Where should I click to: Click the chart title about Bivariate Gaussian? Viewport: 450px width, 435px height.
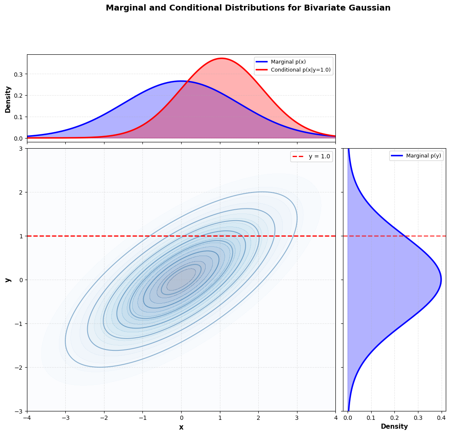point(248,8)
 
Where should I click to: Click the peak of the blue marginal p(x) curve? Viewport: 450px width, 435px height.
point(181,81)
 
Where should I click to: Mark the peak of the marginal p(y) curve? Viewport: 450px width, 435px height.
point(441,280)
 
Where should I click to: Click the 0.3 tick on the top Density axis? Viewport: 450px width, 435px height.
point(18,74)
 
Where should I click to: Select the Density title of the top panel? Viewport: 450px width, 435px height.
point(8,99)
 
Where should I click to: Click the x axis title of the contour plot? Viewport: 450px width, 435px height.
point(181,427)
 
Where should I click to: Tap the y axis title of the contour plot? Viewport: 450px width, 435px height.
point(7,280)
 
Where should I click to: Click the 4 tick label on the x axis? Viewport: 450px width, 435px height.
point(335,418)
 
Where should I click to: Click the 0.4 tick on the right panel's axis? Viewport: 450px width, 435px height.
point(441,418)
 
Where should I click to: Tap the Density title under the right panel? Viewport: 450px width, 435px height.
point(394,427)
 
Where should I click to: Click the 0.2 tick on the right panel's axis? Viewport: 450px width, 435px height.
point(394,418)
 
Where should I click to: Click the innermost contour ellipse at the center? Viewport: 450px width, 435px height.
point(181,280)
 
